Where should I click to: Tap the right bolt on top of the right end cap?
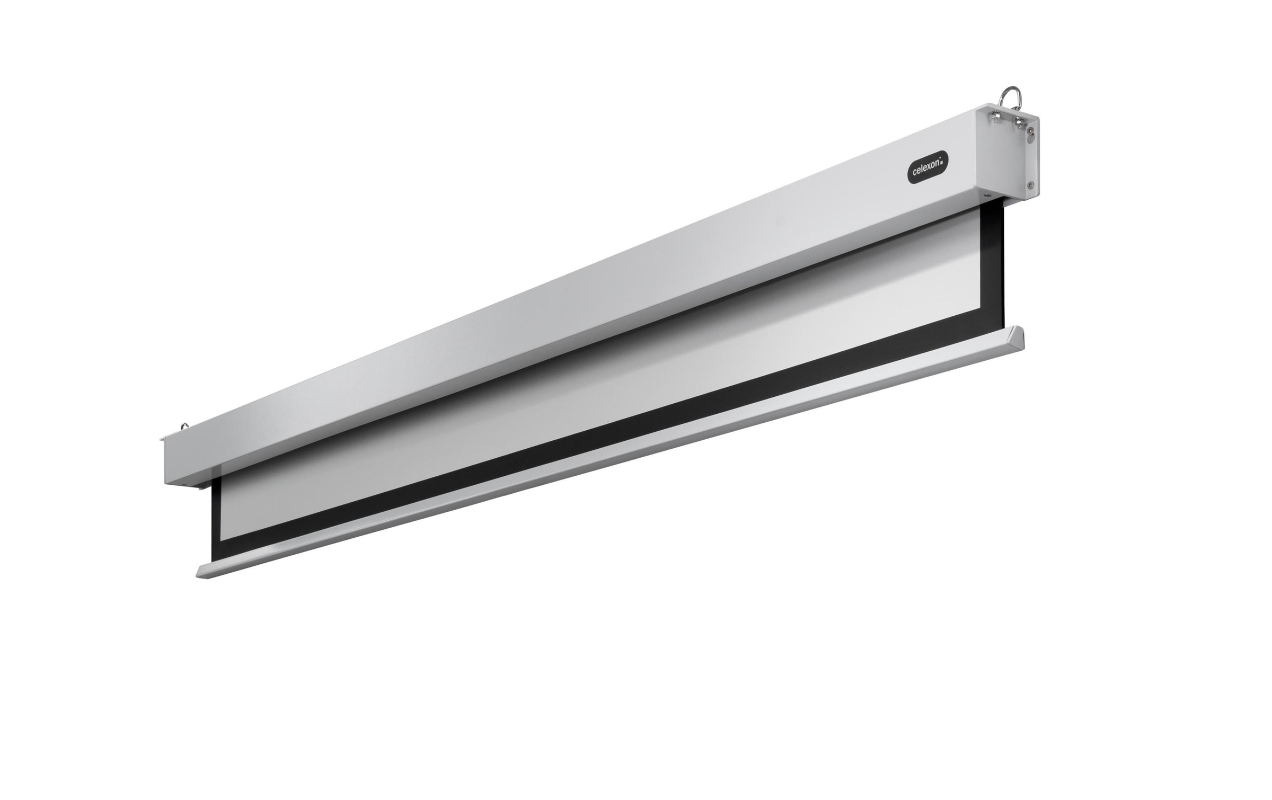coord(1019,123)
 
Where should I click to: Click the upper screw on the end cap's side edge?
coord(1030,130)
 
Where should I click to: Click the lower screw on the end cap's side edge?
coord(1030,185)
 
